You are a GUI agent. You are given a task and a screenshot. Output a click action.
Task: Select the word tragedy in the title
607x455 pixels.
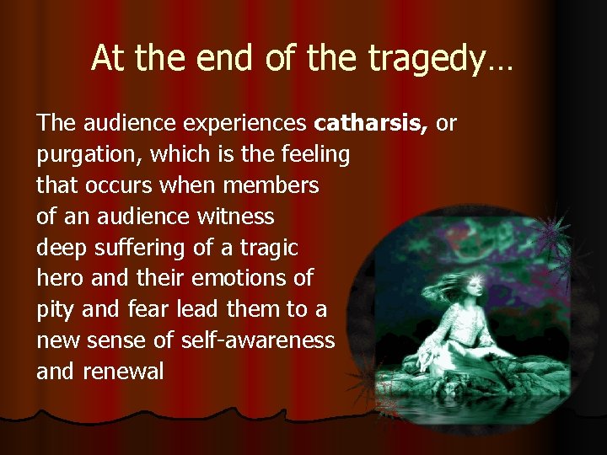click(x=438, y=59)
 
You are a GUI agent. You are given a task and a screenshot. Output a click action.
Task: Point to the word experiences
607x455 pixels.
click(x=238, y=124)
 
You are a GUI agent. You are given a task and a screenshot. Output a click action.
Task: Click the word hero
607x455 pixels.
click(x=59, y=277)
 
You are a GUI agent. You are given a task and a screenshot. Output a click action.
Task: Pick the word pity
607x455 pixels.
click(x=56, y=309)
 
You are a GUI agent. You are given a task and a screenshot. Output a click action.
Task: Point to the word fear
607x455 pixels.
click(x=149, y=308)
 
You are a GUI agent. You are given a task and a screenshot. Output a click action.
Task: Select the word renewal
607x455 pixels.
click(x=123, y=371)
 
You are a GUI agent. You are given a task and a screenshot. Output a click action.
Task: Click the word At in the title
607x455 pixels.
click(x=108, y=58)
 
